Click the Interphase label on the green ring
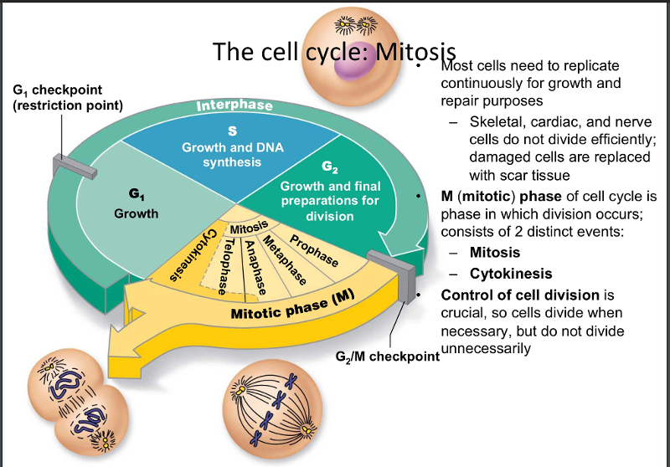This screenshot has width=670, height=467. [234, 106]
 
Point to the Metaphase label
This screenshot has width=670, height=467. [282, 259]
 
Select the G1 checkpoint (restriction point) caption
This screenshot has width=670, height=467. [68, 98]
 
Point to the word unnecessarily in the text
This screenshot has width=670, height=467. [486, 348]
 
